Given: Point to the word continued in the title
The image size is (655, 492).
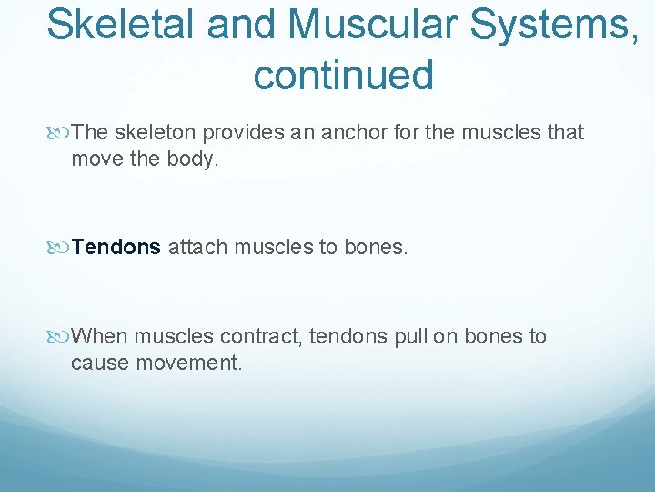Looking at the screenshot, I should point(343,76).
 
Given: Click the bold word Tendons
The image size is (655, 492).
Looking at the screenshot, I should point(116,247).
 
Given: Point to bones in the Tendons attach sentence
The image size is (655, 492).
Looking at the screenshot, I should point(376,247).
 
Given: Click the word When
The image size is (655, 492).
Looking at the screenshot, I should point(99,337).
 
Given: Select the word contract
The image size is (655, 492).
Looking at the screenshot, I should point(260,337).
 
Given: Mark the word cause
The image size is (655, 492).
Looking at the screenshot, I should point(99,363).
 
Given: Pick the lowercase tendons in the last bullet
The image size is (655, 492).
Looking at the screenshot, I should point(348,337).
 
